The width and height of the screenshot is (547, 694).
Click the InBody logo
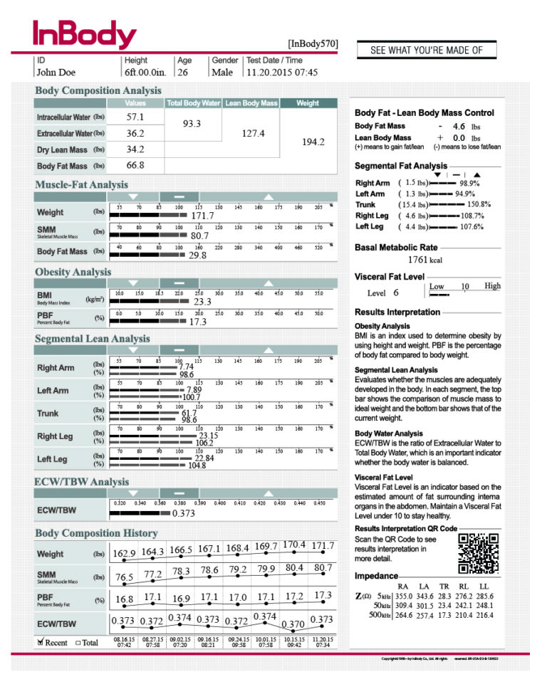pyautogui.click(x=84, y=33)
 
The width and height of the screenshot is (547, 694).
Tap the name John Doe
pyautogui.click(x=56, y=72)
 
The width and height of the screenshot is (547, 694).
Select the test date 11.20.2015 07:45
pyautogui.click(x=282, y=72)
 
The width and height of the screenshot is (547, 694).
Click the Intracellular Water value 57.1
pyautogui.click(x=135, y=117)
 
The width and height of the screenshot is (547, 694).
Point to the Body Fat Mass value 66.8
pyautogui.click(x=135, y=165)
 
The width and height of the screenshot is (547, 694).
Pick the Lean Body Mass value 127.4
pyautogui.click(x=253, y=133)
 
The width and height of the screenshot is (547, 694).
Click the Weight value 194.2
pyautogui.click(x=313, y=142)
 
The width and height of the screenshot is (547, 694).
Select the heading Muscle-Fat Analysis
pyautogui.click(x=81, y=185)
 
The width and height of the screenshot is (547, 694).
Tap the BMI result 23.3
pyautogui.click(x=203, y=302)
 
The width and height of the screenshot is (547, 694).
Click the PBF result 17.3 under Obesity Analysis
pyautogui.click(x=198, y=322)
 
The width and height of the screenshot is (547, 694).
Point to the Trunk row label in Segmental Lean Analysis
pyautogui.click(x=48, y=413)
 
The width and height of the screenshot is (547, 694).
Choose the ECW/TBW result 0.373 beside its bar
pyautogui.click(x=183, y=514)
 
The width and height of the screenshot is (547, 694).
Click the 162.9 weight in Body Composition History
pyautogui.click(x=124, y=554)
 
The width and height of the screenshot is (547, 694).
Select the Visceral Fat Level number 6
pyautogui.click(x=396, y=292)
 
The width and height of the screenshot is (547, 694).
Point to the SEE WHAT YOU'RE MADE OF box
pyautogui.click(x=427, y=50)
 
